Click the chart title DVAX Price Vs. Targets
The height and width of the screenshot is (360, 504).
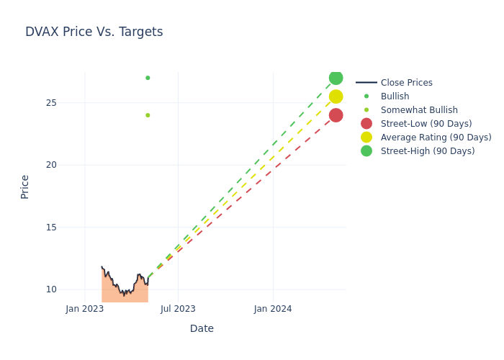coord(94,32)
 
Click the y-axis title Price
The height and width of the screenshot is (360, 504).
coord(25,186)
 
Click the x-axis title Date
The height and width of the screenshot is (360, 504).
coord(202,328)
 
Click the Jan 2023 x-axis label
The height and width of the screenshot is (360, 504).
coord(85,309)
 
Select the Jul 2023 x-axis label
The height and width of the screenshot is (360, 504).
coord(178,309)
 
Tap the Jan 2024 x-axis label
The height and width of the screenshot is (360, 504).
coord(273,309)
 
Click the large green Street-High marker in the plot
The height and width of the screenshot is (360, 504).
coord(336,78)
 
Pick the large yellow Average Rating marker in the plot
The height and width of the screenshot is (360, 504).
coord(336,96)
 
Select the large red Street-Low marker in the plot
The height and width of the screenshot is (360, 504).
coord(336,115)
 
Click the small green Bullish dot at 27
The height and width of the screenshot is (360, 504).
coord(148,78)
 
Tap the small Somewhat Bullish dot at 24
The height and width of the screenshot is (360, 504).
coord(148,115)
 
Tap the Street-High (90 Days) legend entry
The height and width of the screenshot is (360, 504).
coord(428,151)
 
